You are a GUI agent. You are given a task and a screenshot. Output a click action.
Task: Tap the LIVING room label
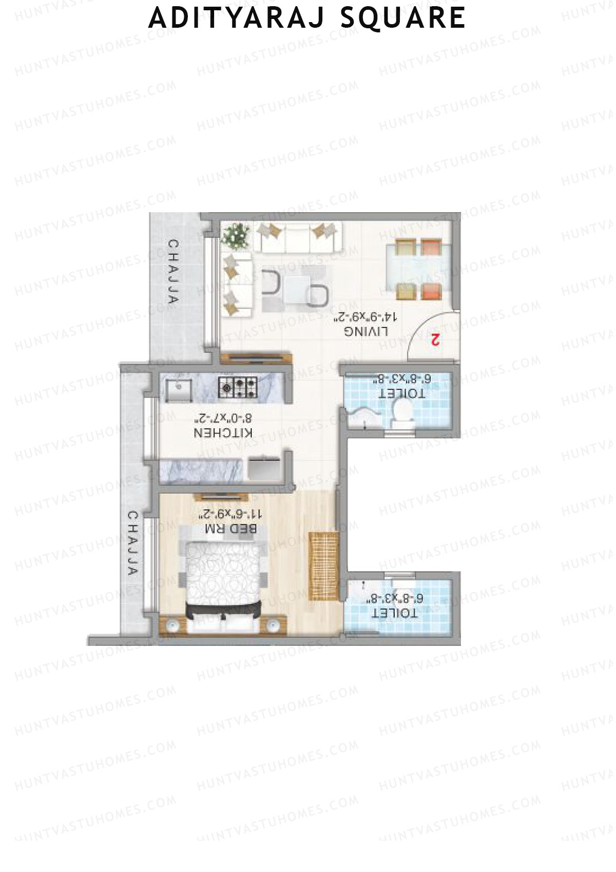pos(367,331)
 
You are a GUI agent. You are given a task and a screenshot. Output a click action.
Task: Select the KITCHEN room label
pos(223,433)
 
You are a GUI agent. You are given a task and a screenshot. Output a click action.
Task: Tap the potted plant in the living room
pos(238,236)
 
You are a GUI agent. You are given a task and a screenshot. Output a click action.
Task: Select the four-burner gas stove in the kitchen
pos(238,387)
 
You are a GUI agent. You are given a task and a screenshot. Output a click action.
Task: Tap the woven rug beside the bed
pos(323,565)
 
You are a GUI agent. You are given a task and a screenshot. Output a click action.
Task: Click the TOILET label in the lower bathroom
pos(394,614)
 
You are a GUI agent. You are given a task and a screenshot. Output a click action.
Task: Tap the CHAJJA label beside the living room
pos(174,272)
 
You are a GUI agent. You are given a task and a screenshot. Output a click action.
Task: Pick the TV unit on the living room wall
pos(256,358)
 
